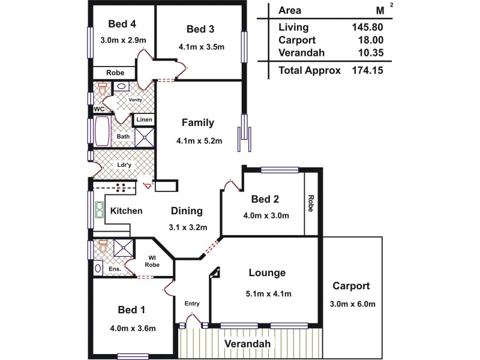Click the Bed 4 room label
tap(122, 24)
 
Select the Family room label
tap(197, 123)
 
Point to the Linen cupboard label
tap(144, 120)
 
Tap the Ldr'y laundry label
tap(124, 164)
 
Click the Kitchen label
tap(127, 211)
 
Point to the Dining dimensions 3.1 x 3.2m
tap(188, 227)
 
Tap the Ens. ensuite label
tap(115, 269)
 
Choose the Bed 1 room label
tap(131, 310)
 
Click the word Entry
tap(192, 304)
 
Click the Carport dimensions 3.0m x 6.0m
tap(353, 304)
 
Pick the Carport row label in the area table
tap(296, 40)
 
